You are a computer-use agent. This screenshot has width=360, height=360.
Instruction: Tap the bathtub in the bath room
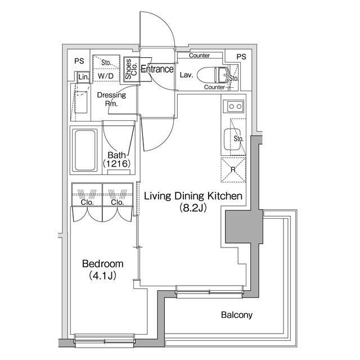pyautogui.click(x=85, y=150)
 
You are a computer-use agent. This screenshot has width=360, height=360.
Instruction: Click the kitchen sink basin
pyautogui.click(x=232, y=139)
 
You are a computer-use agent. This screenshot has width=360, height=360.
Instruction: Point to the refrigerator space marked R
pyautogui.click(x=233, y=170)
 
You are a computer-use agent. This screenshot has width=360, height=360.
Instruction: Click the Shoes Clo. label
pyautogui.click(x=131, y=69)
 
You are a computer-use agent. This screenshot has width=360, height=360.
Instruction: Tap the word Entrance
pyautogui.click(x=157, y=69)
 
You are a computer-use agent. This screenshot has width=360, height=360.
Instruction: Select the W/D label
pyautogui.click(x=106, y=76)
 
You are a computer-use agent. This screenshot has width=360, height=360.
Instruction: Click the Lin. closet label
pyautogui.click(x=84, y=77)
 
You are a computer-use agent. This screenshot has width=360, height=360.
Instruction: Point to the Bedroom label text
pyautogui.click(x=102, y=264)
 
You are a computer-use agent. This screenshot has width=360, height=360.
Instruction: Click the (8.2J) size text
pyautogui.click(x=193, y=208)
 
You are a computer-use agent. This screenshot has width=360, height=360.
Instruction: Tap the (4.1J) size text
pyautogui.click(x=102, y=276)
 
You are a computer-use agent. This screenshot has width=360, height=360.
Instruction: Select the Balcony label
pyautogui.click(x=237, y=315)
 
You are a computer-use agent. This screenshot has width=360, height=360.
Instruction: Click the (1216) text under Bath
pyautogui.click(x=116, y=164)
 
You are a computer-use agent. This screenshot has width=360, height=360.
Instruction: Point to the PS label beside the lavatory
pyautogui.click(x=241, y=57)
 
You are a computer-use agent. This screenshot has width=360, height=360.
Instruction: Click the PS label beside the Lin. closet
pyautogui.click(x=79, y=61)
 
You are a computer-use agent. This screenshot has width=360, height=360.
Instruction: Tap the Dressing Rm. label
pyautogui.click(x=111, y=99)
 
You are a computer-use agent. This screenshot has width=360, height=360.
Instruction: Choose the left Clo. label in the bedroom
pyautogui.click(x=87, y=202)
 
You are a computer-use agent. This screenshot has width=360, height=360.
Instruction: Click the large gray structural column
pyautogui.click(x=244, y=226)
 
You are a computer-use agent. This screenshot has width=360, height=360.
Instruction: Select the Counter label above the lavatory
pyautogui.click(x=199, y=55)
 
